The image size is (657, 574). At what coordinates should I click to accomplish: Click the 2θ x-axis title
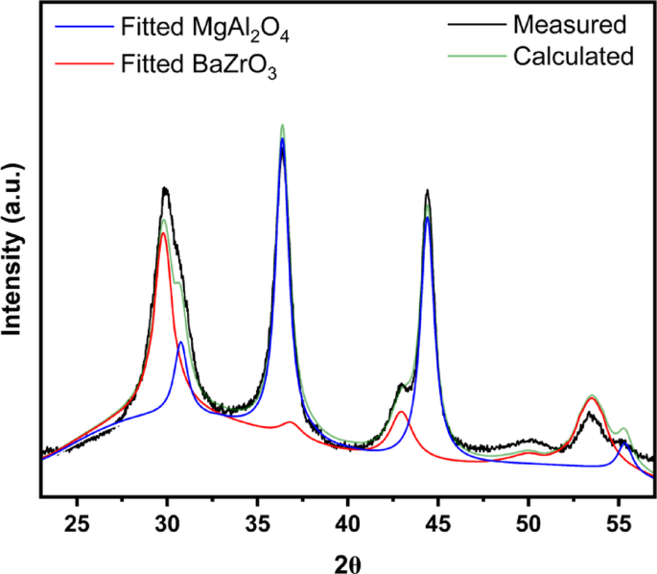(x=347, y=561)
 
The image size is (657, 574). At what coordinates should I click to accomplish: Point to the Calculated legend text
(x=574, y=57)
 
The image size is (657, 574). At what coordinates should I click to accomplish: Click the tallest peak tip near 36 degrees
(x=282, y=126)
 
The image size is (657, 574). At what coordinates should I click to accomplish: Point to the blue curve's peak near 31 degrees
(x=180, y=342)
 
